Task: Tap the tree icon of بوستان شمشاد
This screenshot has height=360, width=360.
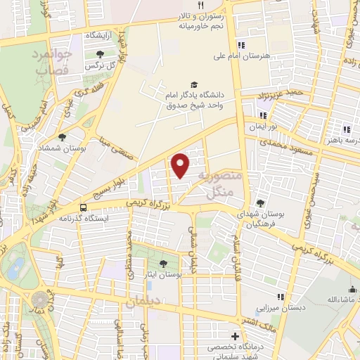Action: (63, 137)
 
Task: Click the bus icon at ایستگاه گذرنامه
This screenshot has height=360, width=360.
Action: (84, 207)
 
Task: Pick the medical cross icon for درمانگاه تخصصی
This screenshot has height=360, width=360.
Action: (235, 336)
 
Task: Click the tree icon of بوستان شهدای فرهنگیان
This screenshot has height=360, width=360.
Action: (260, 202)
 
